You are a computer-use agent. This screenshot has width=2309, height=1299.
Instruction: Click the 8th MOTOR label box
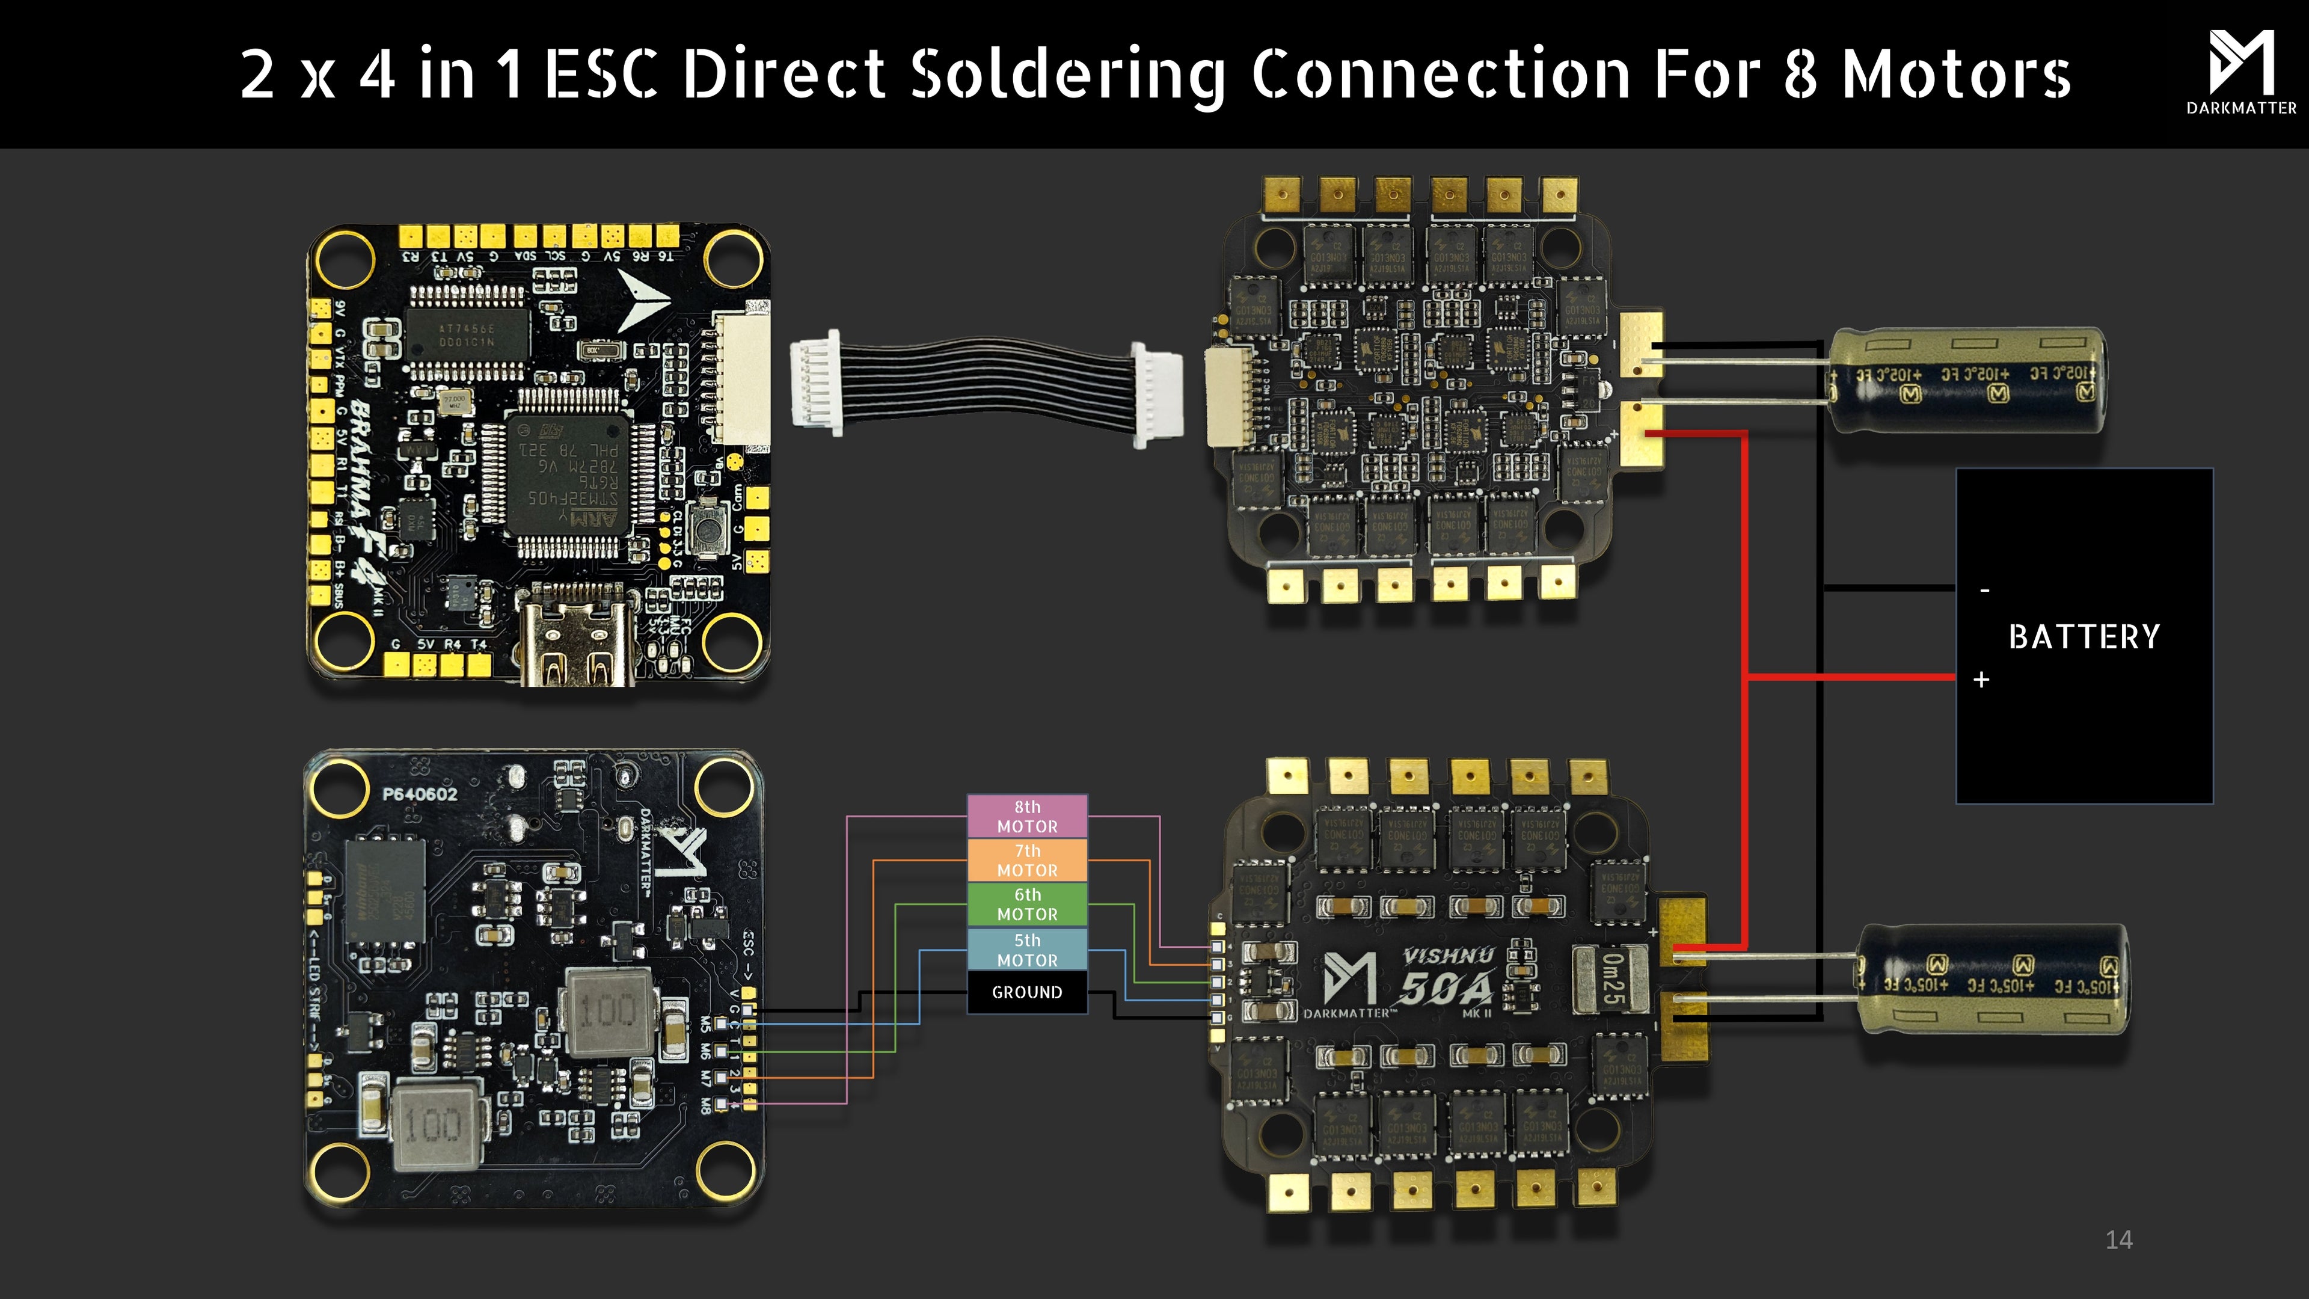coord(1027,816)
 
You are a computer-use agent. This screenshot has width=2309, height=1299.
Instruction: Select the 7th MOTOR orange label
coord(1027,860)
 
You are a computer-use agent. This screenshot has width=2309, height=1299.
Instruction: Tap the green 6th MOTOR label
coord(1027,904)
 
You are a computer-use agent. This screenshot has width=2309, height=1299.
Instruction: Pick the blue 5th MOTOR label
coord(1027,950)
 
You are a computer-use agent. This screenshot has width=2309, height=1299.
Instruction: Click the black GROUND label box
coord(1027,992)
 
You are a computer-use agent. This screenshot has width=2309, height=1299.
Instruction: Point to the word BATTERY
coord(2084,636)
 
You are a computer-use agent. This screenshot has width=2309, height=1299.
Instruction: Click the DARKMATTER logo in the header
coord(2241,72)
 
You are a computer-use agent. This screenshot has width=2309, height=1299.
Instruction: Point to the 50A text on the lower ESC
coord(1446,989)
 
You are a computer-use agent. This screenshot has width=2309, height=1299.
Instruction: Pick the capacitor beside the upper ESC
coord(1967,379)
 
